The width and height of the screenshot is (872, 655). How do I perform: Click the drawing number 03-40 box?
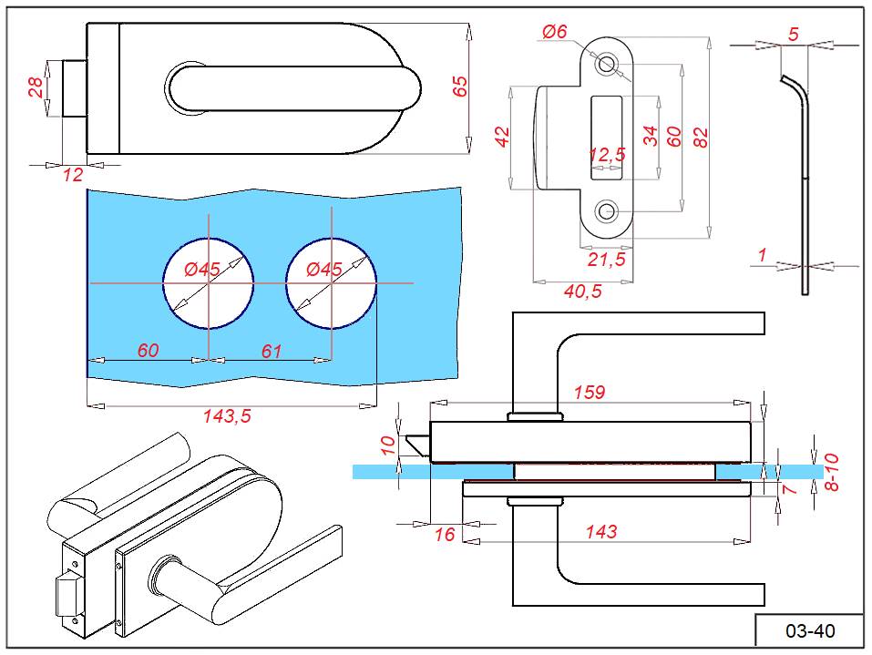(x=809, y=630)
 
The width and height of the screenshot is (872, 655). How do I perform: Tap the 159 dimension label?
(x=589, y=393)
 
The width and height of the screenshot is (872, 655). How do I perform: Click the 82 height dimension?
(x=701, y=137)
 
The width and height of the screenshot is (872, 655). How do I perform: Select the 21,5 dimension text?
(x=606, y=260)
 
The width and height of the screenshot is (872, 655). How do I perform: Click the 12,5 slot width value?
(x=607, y=155)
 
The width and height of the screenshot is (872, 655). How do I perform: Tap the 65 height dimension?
(x=460, y=87)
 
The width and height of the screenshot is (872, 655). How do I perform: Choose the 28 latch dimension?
(x=36, y=88)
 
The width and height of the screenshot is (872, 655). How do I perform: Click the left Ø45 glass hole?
(x=209, y=283)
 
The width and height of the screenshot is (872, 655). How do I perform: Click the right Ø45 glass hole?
(x=332, y=283)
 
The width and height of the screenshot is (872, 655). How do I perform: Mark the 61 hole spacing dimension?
(x=272, y=351)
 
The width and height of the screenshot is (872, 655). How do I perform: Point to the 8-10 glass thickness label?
(x=830, y=472)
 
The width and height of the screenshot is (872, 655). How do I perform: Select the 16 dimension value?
(x=444, y=535)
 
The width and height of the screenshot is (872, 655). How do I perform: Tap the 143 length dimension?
(x=600, y=531)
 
